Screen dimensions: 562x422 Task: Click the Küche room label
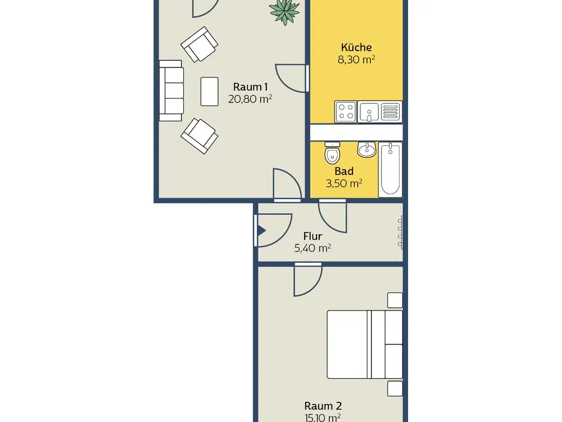pyautogui.click(x=356, y=47)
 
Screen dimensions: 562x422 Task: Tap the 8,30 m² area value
pyautogui.click(x=356, y=60)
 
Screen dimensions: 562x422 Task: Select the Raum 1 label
pyautogui.click(x=250, y=87)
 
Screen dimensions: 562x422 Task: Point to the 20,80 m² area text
pyautogui.click(x=250, y=99)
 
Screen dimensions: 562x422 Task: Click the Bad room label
pyautogui.click(x=344, y=172)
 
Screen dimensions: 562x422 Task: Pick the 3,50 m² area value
pyautogui.click(x=344, y=184)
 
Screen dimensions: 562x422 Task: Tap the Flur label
pyautogui.click(x=312, y=236)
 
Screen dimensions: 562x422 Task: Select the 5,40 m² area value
pyautogui.click(x=312, y=248)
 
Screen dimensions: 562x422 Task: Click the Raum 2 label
pyautogui.click(x=323, y=406)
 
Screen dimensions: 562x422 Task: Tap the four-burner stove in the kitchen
pyautogui.click(x=346, y=111)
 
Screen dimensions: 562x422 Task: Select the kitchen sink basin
pyautogui.click(x=369, y=112)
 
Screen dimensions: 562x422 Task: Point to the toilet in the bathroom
pyautogui.click(x=332, y=153)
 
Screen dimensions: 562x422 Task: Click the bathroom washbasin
pyautogui.click(x=366, y=149)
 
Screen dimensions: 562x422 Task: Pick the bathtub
pyautogui.click(x=391, y=170)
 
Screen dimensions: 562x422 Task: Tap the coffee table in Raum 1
pyautogui.click(x=210, y=92)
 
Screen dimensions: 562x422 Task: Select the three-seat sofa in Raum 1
pyautogui.click(x=171, y=91)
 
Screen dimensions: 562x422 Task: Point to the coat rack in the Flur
pyautogui.click(x=400, y=232)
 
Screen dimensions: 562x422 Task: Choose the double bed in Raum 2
pyautogui.click(x=365, y=344)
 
